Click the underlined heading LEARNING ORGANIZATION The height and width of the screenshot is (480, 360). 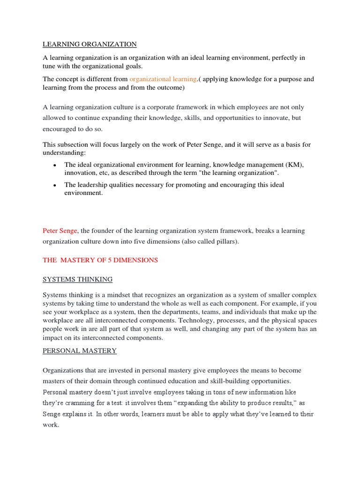(90, 44)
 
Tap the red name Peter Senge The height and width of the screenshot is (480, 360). (60, 231)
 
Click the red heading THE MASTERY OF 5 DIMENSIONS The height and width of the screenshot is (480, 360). (100, 260)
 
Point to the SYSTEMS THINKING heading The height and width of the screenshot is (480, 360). (77, 279)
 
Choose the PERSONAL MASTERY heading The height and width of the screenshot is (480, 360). (80, 351)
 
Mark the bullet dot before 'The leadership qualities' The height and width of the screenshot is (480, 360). (55, 186)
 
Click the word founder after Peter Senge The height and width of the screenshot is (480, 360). (104, 231)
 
